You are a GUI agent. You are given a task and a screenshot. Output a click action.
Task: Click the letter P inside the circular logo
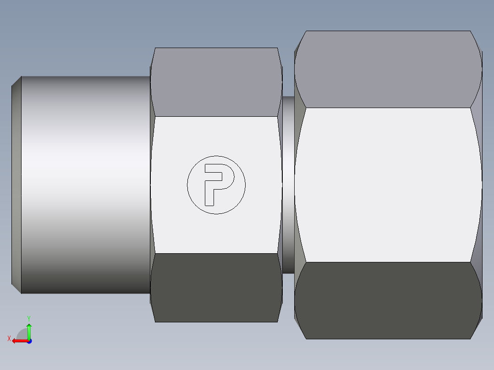point(210,183)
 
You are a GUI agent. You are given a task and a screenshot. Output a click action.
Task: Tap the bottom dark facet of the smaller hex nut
point(216,288)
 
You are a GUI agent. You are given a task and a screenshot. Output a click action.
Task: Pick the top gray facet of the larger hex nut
point(387,69)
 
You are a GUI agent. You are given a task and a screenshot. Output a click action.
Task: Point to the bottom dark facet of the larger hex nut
point(387,300)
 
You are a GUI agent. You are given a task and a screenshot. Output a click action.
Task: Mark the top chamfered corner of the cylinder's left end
point(16,81)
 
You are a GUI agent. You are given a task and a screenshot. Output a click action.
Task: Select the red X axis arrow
point(18,341)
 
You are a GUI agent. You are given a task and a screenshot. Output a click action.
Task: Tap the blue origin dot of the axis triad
point(29,341)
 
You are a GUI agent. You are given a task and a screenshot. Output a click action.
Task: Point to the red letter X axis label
point(9,339)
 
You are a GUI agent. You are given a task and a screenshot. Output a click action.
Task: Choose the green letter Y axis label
point(29,318)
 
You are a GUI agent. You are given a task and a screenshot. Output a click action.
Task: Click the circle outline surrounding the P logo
point(216,156)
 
